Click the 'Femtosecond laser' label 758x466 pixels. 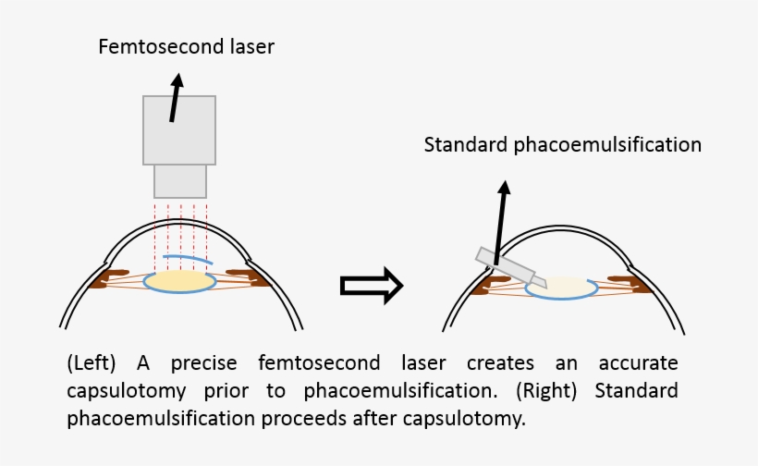187,46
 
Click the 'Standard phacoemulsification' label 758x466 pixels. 562,145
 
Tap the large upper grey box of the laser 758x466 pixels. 179,129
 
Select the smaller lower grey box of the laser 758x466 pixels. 179,180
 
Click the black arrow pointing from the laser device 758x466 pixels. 175,99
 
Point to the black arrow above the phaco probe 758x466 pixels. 501,222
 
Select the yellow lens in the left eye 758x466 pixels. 181,280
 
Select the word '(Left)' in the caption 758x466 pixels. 93,362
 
